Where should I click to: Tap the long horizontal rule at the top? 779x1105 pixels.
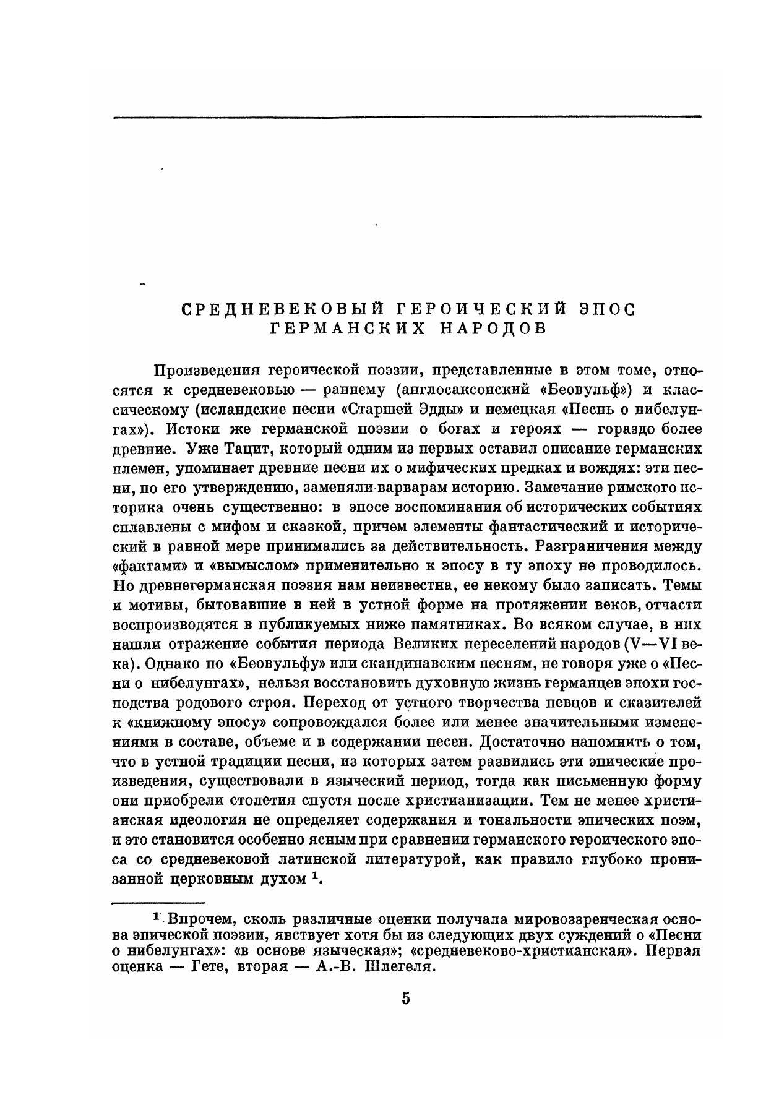407,116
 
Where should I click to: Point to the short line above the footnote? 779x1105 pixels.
159,903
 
